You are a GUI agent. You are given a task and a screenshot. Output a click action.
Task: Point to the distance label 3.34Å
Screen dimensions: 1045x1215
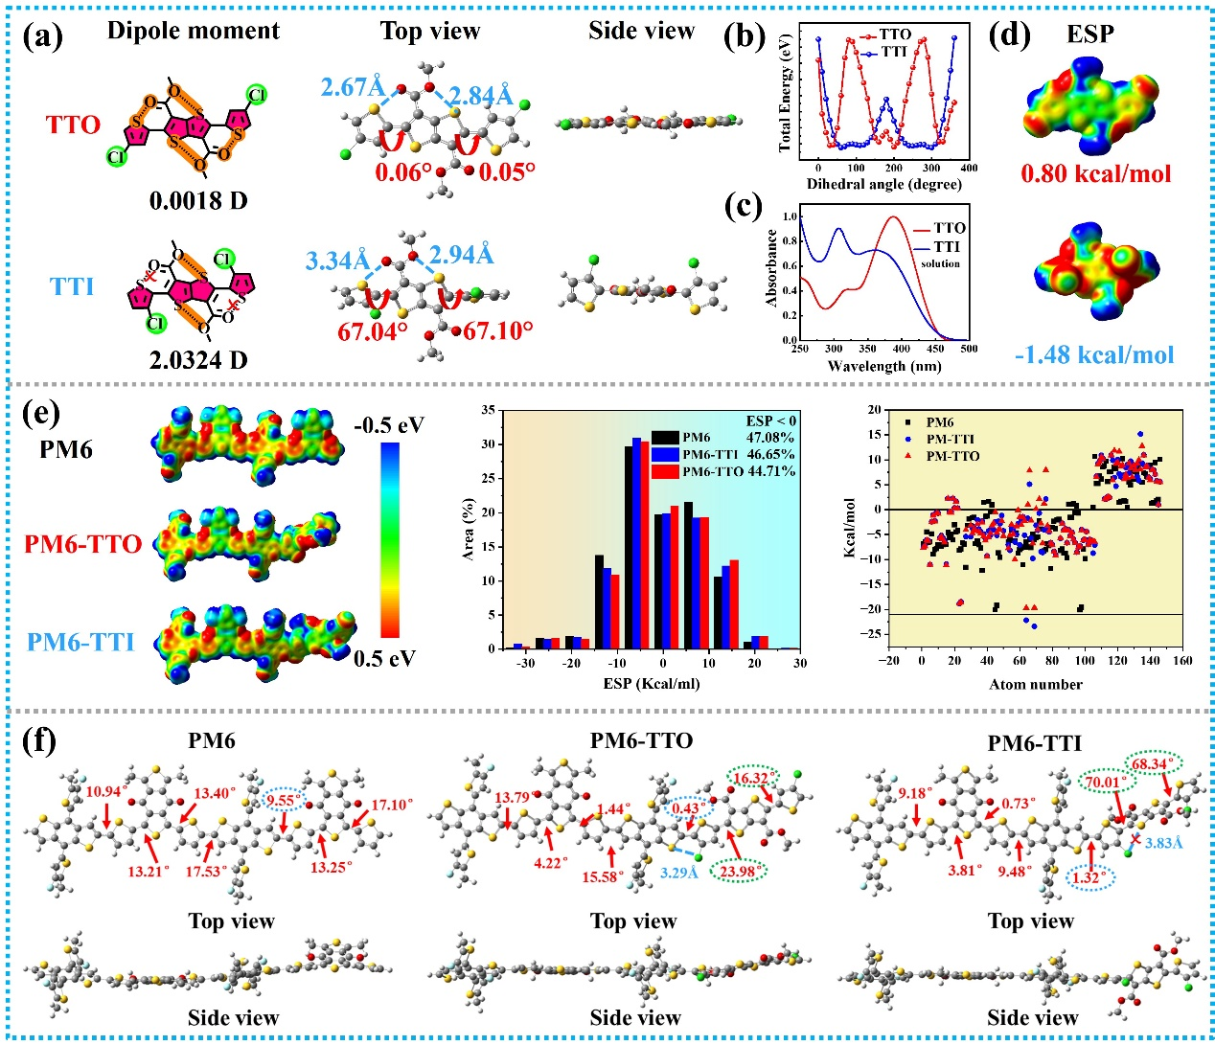click(337, 261)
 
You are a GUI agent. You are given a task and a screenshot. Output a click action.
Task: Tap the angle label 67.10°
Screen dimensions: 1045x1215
click(497, 331)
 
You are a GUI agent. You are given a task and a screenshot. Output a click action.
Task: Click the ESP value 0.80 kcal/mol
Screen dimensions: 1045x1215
click(1095, 174)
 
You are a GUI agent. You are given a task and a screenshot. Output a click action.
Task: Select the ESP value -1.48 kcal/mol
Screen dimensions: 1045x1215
click(1094, 355)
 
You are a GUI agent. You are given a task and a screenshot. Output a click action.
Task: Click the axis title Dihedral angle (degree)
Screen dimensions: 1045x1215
click(883, 184)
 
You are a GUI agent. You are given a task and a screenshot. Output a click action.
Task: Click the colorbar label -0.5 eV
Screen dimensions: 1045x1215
click(389, 425)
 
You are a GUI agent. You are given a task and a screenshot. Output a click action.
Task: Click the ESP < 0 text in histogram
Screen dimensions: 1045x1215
click(770, 420)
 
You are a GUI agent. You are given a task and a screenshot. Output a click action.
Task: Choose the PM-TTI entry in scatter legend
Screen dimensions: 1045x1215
click(951, 439)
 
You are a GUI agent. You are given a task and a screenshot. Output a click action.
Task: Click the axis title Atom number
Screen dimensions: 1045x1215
click(1035, 685)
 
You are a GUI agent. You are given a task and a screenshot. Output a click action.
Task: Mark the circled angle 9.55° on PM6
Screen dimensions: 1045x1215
click(283, 801)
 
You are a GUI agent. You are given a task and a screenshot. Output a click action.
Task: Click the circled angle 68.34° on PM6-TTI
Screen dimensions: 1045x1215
click(1154, 764)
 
